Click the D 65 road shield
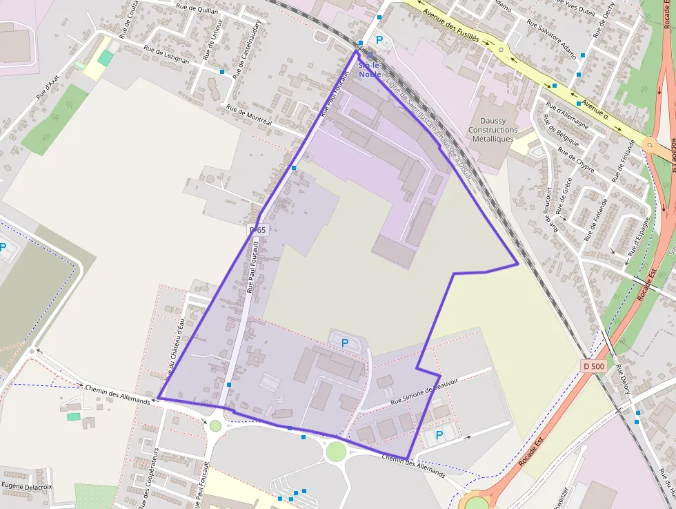tap(257, 229)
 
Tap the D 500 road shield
tap(593, 366)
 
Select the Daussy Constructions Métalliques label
tap(493, 130)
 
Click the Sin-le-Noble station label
tap(370, 69)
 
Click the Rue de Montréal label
tap(249, 115)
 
